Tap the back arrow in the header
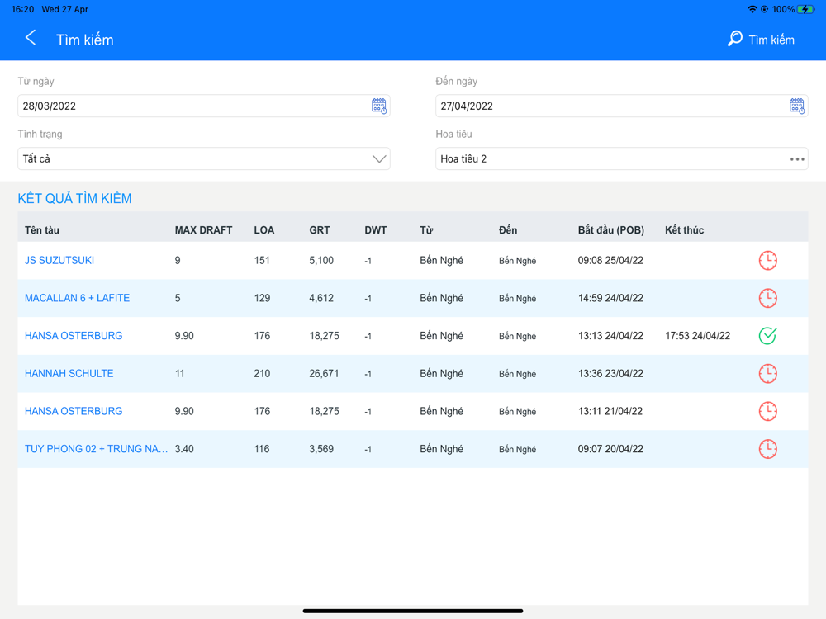pyautogui.click(x=31, y=38)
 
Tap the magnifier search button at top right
pyautogui.click(x=760, y=40)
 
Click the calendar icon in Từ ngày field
pyautogui.click(x=379, y=106)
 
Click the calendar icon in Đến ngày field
pyautogui.click(x=797, y=106)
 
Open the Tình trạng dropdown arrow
pyautogui.click(x=379, y=158)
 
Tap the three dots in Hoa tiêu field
pyautogui.click(x=797, y=158)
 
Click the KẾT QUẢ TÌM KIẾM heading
pyautogui.click(x=74, y=198)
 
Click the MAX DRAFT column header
pyautogui.click(x=203, y=230)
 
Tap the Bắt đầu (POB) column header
pyautogui.click(x=610, y=230)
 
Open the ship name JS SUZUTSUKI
pyautogui.click(x=59, y=260)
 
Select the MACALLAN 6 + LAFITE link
pyautogui.click(x=77, y=298)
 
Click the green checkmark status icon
pyautogui.click(x=767, y=336)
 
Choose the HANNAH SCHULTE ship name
pyautogui.click(x=69, y=373)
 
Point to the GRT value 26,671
pyautogui.click(x=324, y=373)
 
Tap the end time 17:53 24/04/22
pyautogui.click(x=697, y=336)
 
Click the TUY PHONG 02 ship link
pyautogui.click(x=96, y=449)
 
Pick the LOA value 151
pyautogui.click(x=263, y=260)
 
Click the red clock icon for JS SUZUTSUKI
pyautogui.click(x=767, y=260)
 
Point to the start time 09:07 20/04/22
pyautogui.click(x=610, y=449)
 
